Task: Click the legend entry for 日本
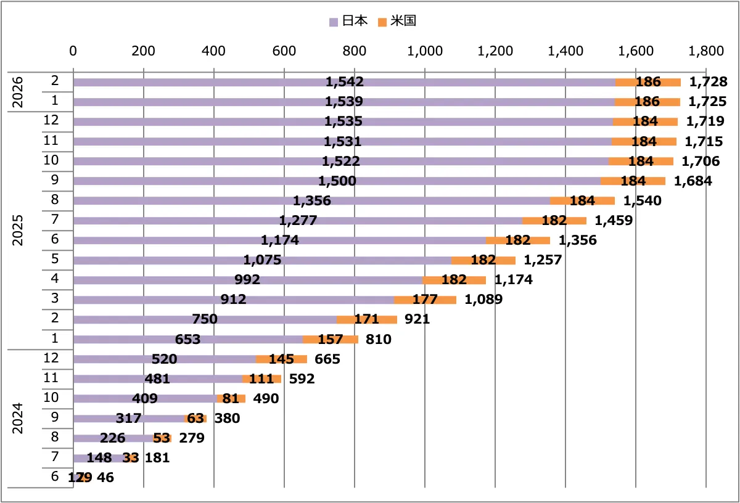pyautogui.click(x=349, y=21)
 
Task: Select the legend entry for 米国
pyautogui.click(x=398, y=21)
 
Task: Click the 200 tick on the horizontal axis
pyautogui.click(x=143, y=52)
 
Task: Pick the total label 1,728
pyautogui.click(x=708, y=82)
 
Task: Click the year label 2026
pyautogui.click(x=18, y=92)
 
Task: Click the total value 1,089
pyautogui.click(x=483, y=300)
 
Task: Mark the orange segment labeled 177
pyautogui.click(x=425, y=300)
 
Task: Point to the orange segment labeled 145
pyautogui.click(x=281, y=359)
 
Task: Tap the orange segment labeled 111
pyautogui.click(x=261, y=378)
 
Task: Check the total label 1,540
pyautogui.click(x=642, y=200)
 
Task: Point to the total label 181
pyautogui.click(x=157, y=457)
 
